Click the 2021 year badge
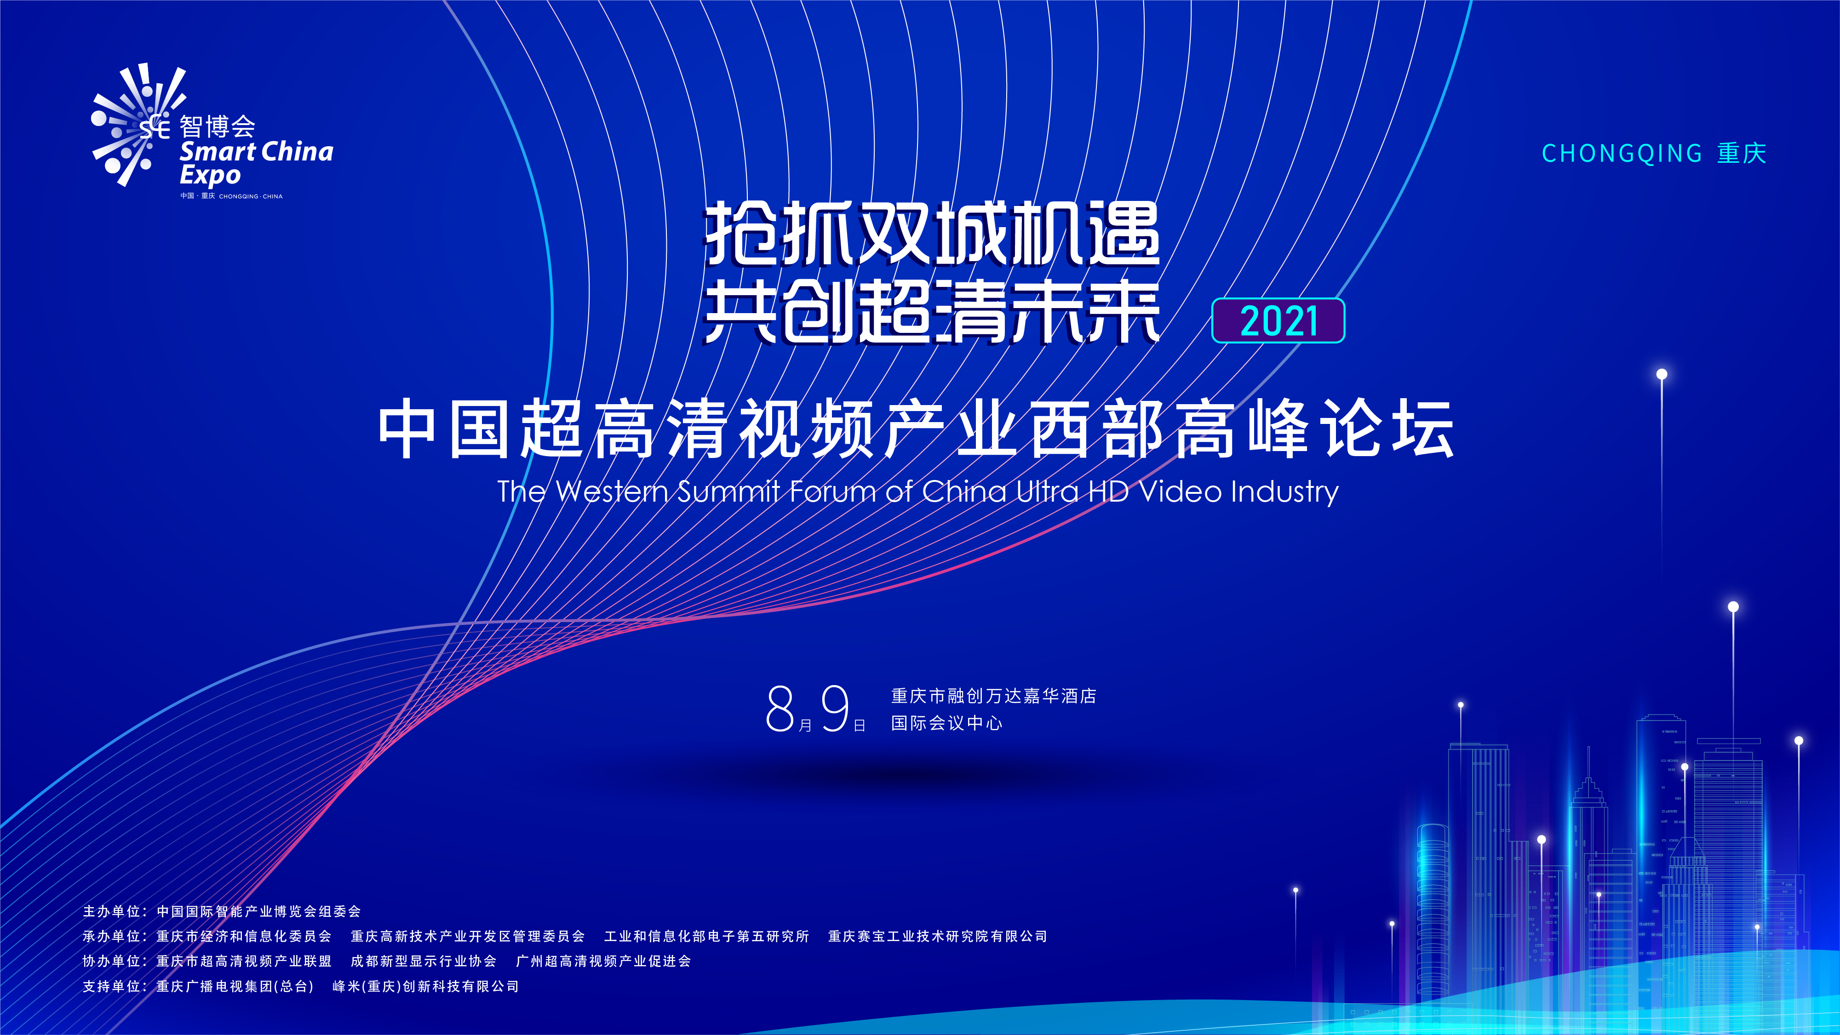(x=1278, y=321)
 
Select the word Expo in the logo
(x=210, y=176)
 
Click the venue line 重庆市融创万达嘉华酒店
(x=993, y=696)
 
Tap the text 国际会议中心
(x=946, y=723)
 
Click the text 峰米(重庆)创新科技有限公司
(x=426, y=986)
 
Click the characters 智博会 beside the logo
(x=217, y=126)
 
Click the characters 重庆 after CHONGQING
(x=1742, y=154)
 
